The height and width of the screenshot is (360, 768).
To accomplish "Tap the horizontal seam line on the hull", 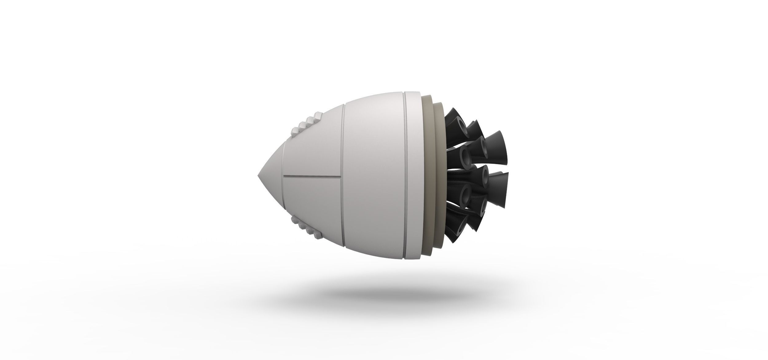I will pos(312,177).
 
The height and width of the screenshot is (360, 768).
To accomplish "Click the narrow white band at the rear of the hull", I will pos(415,178).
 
